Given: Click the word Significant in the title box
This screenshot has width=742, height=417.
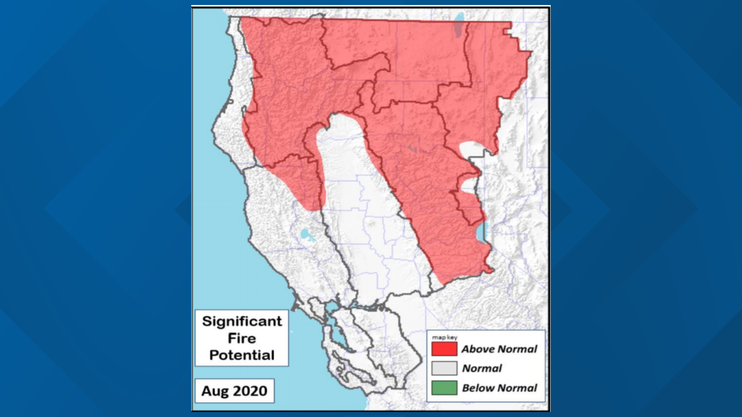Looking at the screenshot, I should [x=242, y=321].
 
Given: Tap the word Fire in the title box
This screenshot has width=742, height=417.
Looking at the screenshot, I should [x=242, y=338].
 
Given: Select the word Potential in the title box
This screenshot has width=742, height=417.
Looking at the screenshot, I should [x=242, y=355].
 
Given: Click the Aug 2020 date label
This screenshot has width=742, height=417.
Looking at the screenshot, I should [x=234, y=391].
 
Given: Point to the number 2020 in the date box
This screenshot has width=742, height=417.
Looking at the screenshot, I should [x=250, y=391].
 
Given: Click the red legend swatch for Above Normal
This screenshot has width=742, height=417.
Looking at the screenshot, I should [x=444, y=349].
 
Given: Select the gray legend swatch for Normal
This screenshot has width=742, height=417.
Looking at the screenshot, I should [x=444, y=368].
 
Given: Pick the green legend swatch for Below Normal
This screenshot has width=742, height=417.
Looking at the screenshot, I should [x=444, y=388].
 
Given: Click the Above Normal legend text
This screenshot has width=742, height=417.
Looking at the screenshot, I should [x=499, y=349].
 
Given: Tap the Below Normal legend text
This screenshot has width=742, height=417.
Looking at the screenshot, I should [x=499, y=388].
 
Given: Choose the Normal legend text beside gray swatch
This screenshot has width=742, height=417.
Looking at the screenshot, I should [x=482, y=368].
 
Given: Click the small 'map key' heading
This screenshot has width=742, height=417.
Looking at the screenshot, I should [x=444, y=337].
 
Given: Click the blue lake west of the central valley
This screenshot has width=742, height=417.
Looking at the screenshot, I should [x=305, y=234].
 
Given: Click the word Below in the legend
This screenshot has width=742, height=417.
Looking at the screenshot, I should [x=476, y=388].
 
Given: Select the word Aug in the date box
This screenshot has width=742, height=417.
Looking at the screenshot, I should [x=215, y=391].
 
